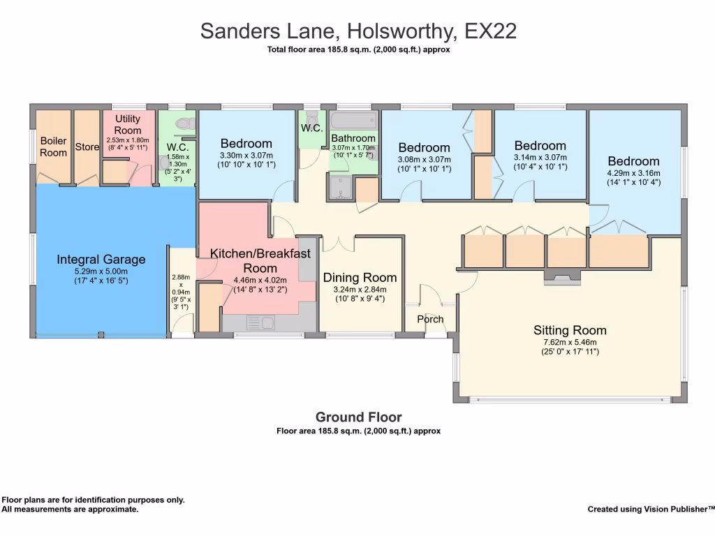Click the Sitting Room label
(x=570, y=331)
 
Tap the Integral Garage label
(x=101, y=260)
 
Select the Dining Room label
(x=360, y=278)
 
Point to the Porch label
(x=430, y=319)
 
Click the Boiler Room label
(x=53, y=147)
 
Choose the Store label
(x=87, y=147)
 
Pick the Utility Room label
(x=128, y=125)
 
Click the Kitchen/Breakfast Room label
(x=260, y=261)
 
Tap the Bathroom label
(x=353, y=138)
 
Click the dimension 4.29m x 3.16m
(x=633, y=173)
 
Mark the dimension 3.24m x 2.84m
(x=360, y=289)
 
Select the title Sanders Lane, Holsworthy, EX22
(x=358, y=31)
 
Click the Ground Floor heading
(x=358, y=417)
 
